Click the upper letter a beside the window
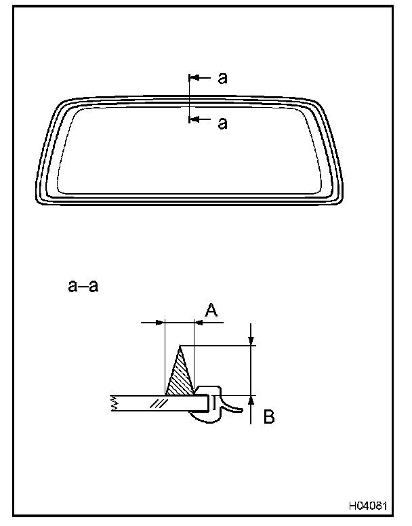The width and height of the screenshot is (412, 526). [x=222, y=78]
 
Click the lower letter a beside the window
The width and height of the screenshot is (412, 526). [x=222, y=123]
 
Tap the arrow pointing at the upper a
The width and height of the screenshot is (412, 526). [x=200, y=78]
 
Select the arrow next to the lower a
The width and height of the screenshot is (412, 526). [x=200, y=119]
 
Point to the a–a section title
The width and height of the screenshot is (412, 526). [x=83, y=286]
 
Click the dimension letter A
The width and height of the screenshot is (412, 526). [x=211, y=310]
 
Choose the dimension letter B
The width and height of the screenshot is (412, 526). [x=269, y=417]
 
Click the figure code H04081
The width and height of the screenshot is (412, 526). [x=368, y=506]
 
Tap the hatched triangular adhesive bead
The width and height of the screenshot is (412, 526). [x=180, y=376]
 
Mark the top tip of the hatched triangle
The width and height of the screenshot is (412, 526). [x=180, y=346]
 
